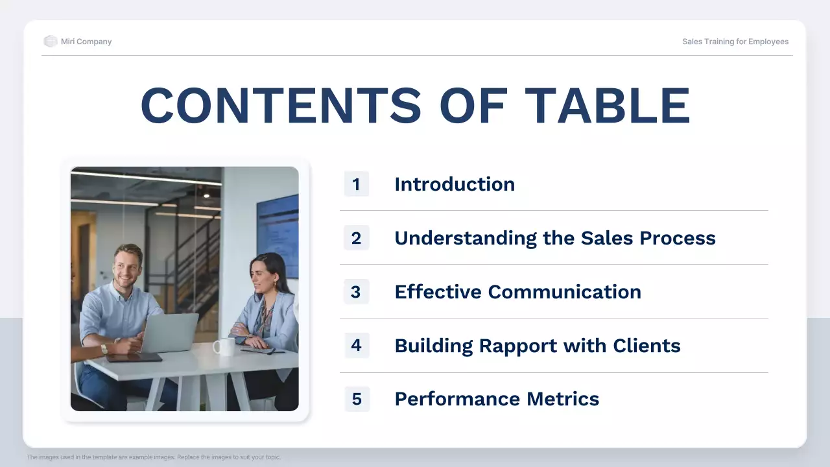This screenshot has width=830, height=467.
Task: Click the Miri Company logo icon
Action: point(51,42)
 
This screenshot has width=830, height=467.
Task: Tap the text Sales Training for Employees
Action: point(735,42)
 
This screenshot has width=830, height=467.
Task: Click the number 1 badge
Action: point(356,184)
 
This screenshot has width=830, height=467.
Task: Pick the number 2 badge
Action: point(356,238)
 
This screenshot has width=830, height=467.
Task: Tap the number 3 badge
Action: point(356,292)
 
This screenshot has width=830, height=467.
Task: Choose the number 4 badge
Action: point(356,346)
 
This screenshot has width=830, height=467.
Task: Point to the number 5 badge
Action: point(356,399)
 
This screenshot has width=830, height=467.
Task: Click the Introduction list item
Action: point(455,184)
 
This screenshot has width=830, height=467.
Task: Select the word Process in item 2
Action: point(678,238)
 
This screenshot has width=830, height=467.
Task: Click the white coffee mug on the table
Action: point(224,347)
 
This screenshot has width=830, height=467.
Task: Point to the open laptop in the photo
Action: point(169,333)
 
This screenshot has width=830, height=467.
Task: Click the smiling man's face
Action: point(127,266)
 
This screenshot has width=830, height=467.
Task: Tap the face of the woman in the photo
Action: point(263,277)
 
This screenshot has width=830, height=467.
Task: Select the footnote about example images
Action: point(154,457)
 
